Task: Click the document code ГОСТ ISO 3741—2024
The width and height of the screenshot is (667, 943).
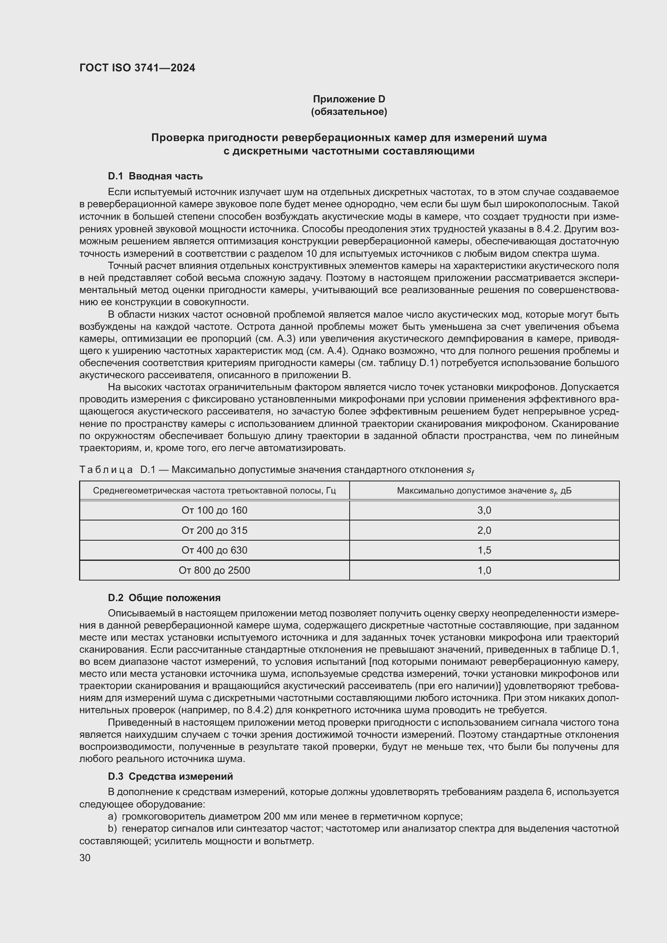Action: coord(137,68)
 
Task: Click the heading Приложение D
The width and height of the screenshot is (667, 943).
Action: coord(349,99)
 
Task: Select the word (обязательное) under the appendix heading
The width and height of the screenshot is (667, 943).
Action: coord(349,112)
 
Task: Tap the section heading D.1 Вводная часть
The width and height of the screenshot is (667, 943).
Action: coord(155,176)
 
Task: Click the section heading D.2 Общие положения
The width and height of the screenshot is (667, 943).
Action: coord(164,597)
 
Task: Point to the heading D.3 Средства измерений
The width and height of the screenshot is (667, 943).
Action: coord(171,776)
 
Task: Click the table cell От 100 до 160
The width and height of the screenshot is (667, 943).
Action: coord(215,510)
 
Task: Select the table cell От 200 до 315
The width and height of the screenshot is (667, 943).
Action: coord(215,530)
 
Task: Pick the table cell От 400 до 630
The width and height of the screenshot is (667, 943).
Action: coord(215,550)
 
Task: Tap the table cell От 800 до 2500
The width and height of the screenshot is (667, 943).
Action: coord(215,570)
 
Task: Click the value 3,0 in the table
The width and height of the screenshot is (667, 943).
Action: coord(484,510)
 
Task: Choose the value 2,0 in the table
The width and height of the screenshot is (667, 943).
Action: coord(484,530)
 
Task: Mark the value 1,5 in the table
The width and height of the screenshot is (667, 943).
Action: coord(484,550)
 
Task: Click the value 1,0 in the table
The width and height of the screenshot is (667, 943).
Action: coord(484,570)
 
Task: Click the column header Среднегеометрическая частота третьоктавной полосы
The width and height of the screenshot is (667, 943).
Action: coord(215,490)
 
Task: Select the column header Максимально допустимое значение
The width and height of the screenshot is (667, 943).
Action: coord(484,490)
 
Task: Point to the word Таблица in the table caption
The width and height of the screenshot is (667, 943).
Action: coord(106,469)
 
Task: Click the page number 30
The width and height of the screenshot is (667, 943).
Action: coord(85,858)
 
